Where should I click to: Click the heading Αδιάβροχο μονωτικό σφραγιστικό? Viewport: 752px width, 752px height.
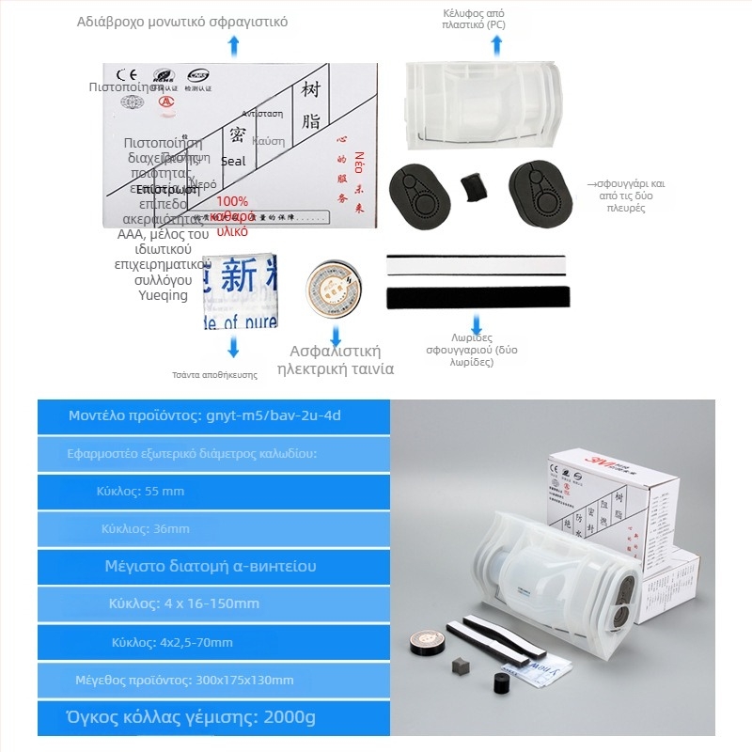(182, 21)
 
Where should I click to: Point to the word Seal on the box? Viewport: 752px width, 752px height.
(232, 161)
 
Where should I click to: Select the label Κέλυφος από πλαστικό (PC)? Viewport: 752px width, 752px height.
(475, 20)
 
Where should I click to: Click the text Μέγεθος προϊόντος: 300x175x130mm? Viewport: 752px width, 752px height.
(184, 680)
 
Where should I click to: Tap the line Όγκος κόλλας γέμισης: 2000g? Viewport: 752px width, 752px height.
(184, 718)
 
